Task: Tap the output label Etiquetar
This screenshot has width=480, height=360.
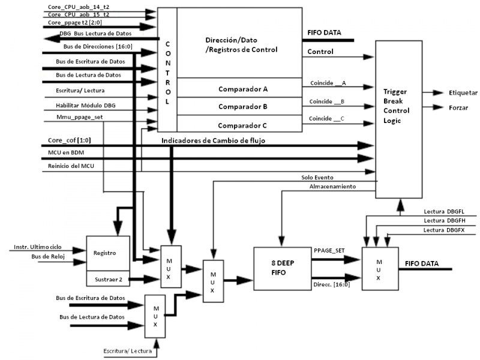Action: click(463, 93)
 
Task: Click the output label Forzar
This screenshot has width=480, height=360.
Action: click(458, 109)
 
